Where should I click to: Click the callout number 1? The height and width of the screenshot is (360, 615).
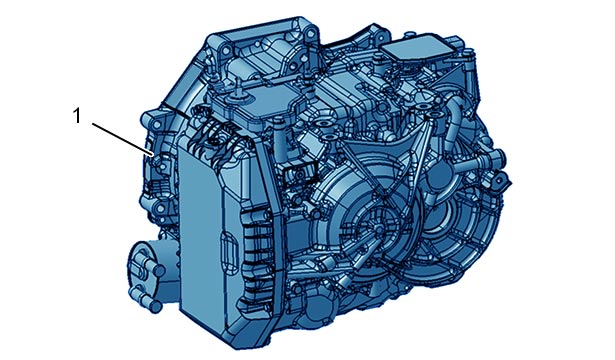point(77,116)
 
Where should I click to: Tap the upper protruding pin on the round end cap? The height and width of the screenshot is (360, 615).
point(159,270)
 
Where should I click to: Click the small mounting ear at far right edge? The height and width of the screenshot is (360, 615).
point(502,181)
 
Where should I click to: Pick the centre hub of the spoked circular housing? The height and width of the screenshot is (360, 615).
point(378,228)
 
